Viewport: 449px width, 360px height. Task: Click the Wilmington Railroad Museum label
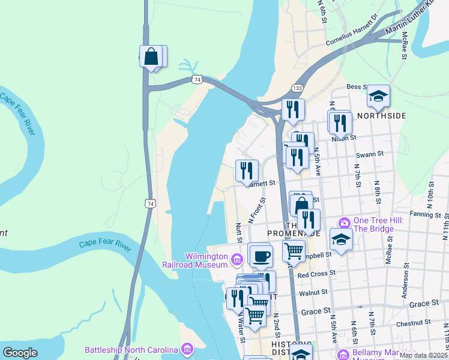tap(195, 259)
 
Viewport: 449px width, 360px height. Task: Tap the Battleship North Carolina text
tap(131, 350)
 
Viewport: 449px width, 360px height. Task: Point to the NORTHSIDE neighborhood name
tap(382, 116)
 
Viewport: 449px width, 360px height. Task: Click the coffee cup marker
tap(260, 256)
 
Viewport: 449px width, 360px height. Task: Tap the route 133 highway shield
tap(297, 88)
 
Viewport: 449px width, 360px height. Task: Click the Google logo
tap(20, 353)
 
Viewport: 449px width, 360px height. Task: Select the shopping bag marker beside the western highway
tap(151, 58)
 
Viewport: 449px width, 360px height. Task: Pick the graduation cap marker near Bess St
tap(378, 96)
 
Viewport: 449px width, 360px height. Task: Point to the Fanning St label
tap(426, 214)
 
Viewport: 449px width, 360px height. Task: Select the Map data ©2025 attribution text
tap(424, 355)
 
